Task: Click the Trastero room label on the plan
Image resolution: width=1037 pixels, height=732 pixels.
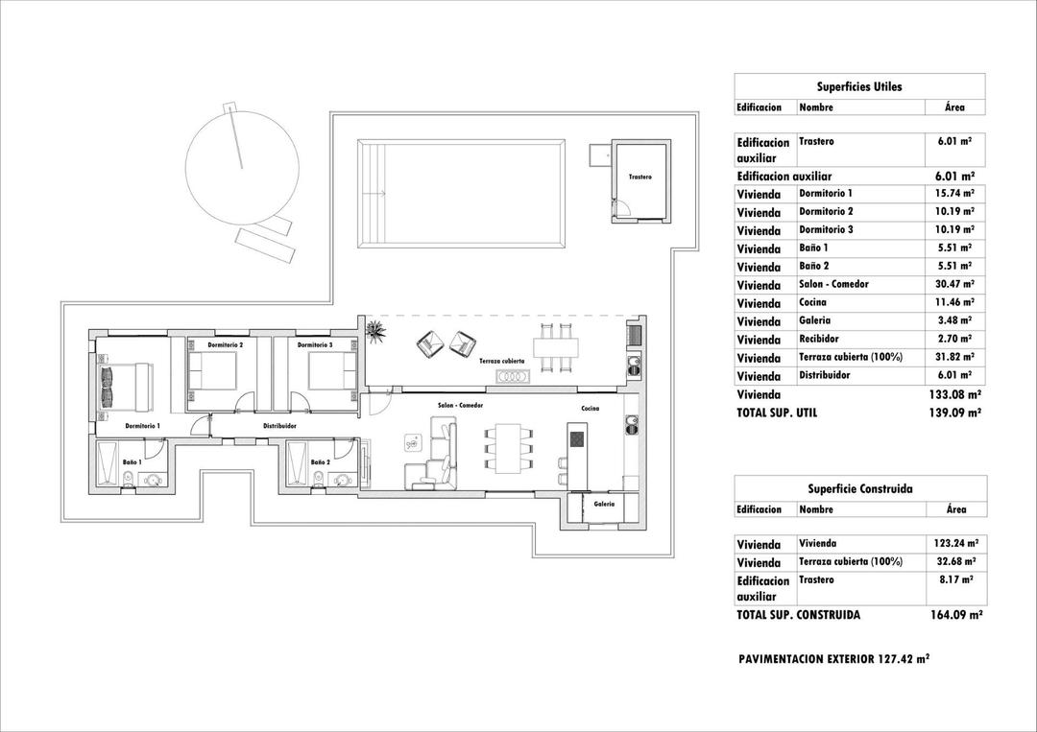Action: point(640,177)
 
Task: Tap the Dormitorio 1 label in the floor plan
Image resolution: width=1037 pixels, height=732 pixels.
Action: point(142,425)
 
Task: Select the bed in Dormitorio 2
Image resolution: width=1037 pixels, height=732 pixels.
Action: point(210,371)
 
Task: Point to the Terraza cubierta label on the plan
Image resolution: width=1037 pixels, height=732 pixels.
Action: point(502,361)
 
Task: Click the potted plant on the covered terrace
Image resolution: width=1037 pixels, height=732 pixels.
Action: point(374,331)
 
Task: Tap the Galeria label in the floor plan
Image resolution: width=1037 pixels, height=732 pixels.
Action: point(604,504)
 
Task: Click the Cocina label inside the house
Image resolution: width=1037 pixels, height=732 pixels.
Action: point(591,409)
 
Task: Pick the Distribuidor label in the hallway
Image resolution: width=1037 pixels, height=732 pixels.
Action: point(279,425)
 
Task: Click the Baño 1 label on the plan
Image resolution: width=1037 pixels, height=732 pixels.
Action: point(133,462)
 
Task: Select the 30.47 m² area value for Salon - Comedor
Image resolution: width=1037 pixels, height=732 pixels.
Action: point(954,285)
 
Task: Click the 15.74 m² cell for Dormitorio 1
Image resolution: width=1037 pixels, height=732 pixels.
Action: point(954,194)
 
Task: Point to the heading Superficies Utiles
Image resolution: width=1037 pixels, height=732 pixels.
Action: point(859,86)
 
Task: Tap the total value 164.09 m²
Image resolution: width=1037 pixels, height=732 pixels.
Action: point(954,615)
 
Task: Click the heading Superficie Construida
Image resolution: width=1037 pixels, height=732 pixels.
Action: point(859,489)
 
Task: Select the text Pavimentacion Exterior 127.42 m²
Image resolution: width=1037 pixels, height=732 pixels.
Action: point(833,659)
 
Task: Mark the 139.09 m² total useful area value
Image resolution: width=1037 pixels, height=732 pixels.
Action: point(954,413)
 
